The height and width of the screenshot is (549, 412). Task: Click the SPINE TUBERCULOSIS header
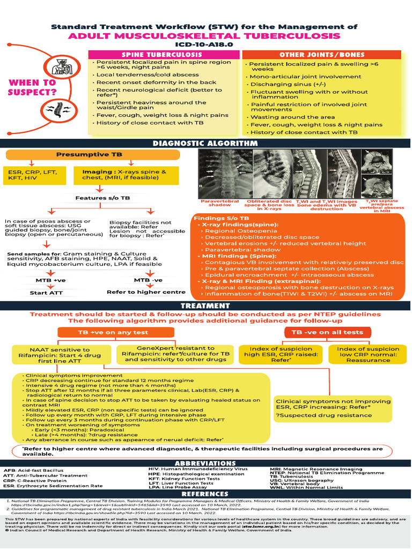click(162, 55)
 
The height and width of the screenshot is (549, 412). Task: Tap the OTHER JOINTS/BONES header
click(322, 55)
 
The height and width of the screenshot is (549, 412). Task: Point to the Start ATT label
click(46, 293)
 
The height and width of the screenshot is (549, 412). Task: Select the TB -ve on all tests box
click(327, 332)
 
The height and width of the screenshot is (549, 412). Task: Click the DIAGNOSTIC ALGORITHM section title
click(205, 143)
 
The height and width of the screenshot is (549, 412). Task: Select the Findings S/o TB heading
click(221, 219)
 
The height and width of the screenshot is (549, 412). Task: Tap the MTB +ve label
click(46, 279)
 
